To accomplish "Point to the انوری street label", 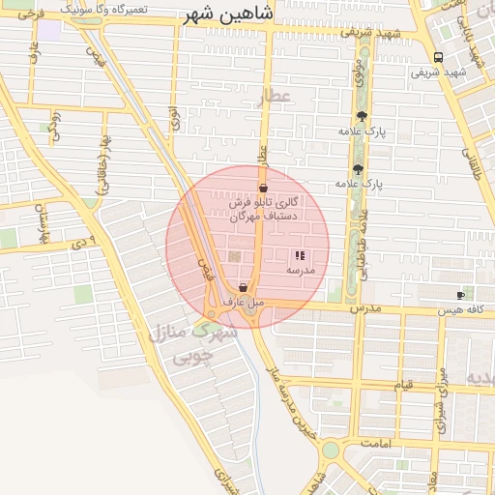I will point(173,117).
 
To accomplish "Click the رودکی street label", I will point(55,127).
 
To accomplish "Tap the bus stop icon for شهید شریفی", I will point(439,57).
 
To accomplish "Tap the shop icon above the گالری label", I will point(263,187).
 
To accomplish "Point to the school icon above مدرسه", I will point(299,256).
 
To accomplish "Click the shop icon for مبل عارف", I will point(243,288).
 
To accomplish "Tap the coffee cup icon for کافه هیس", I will point(460,294).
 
